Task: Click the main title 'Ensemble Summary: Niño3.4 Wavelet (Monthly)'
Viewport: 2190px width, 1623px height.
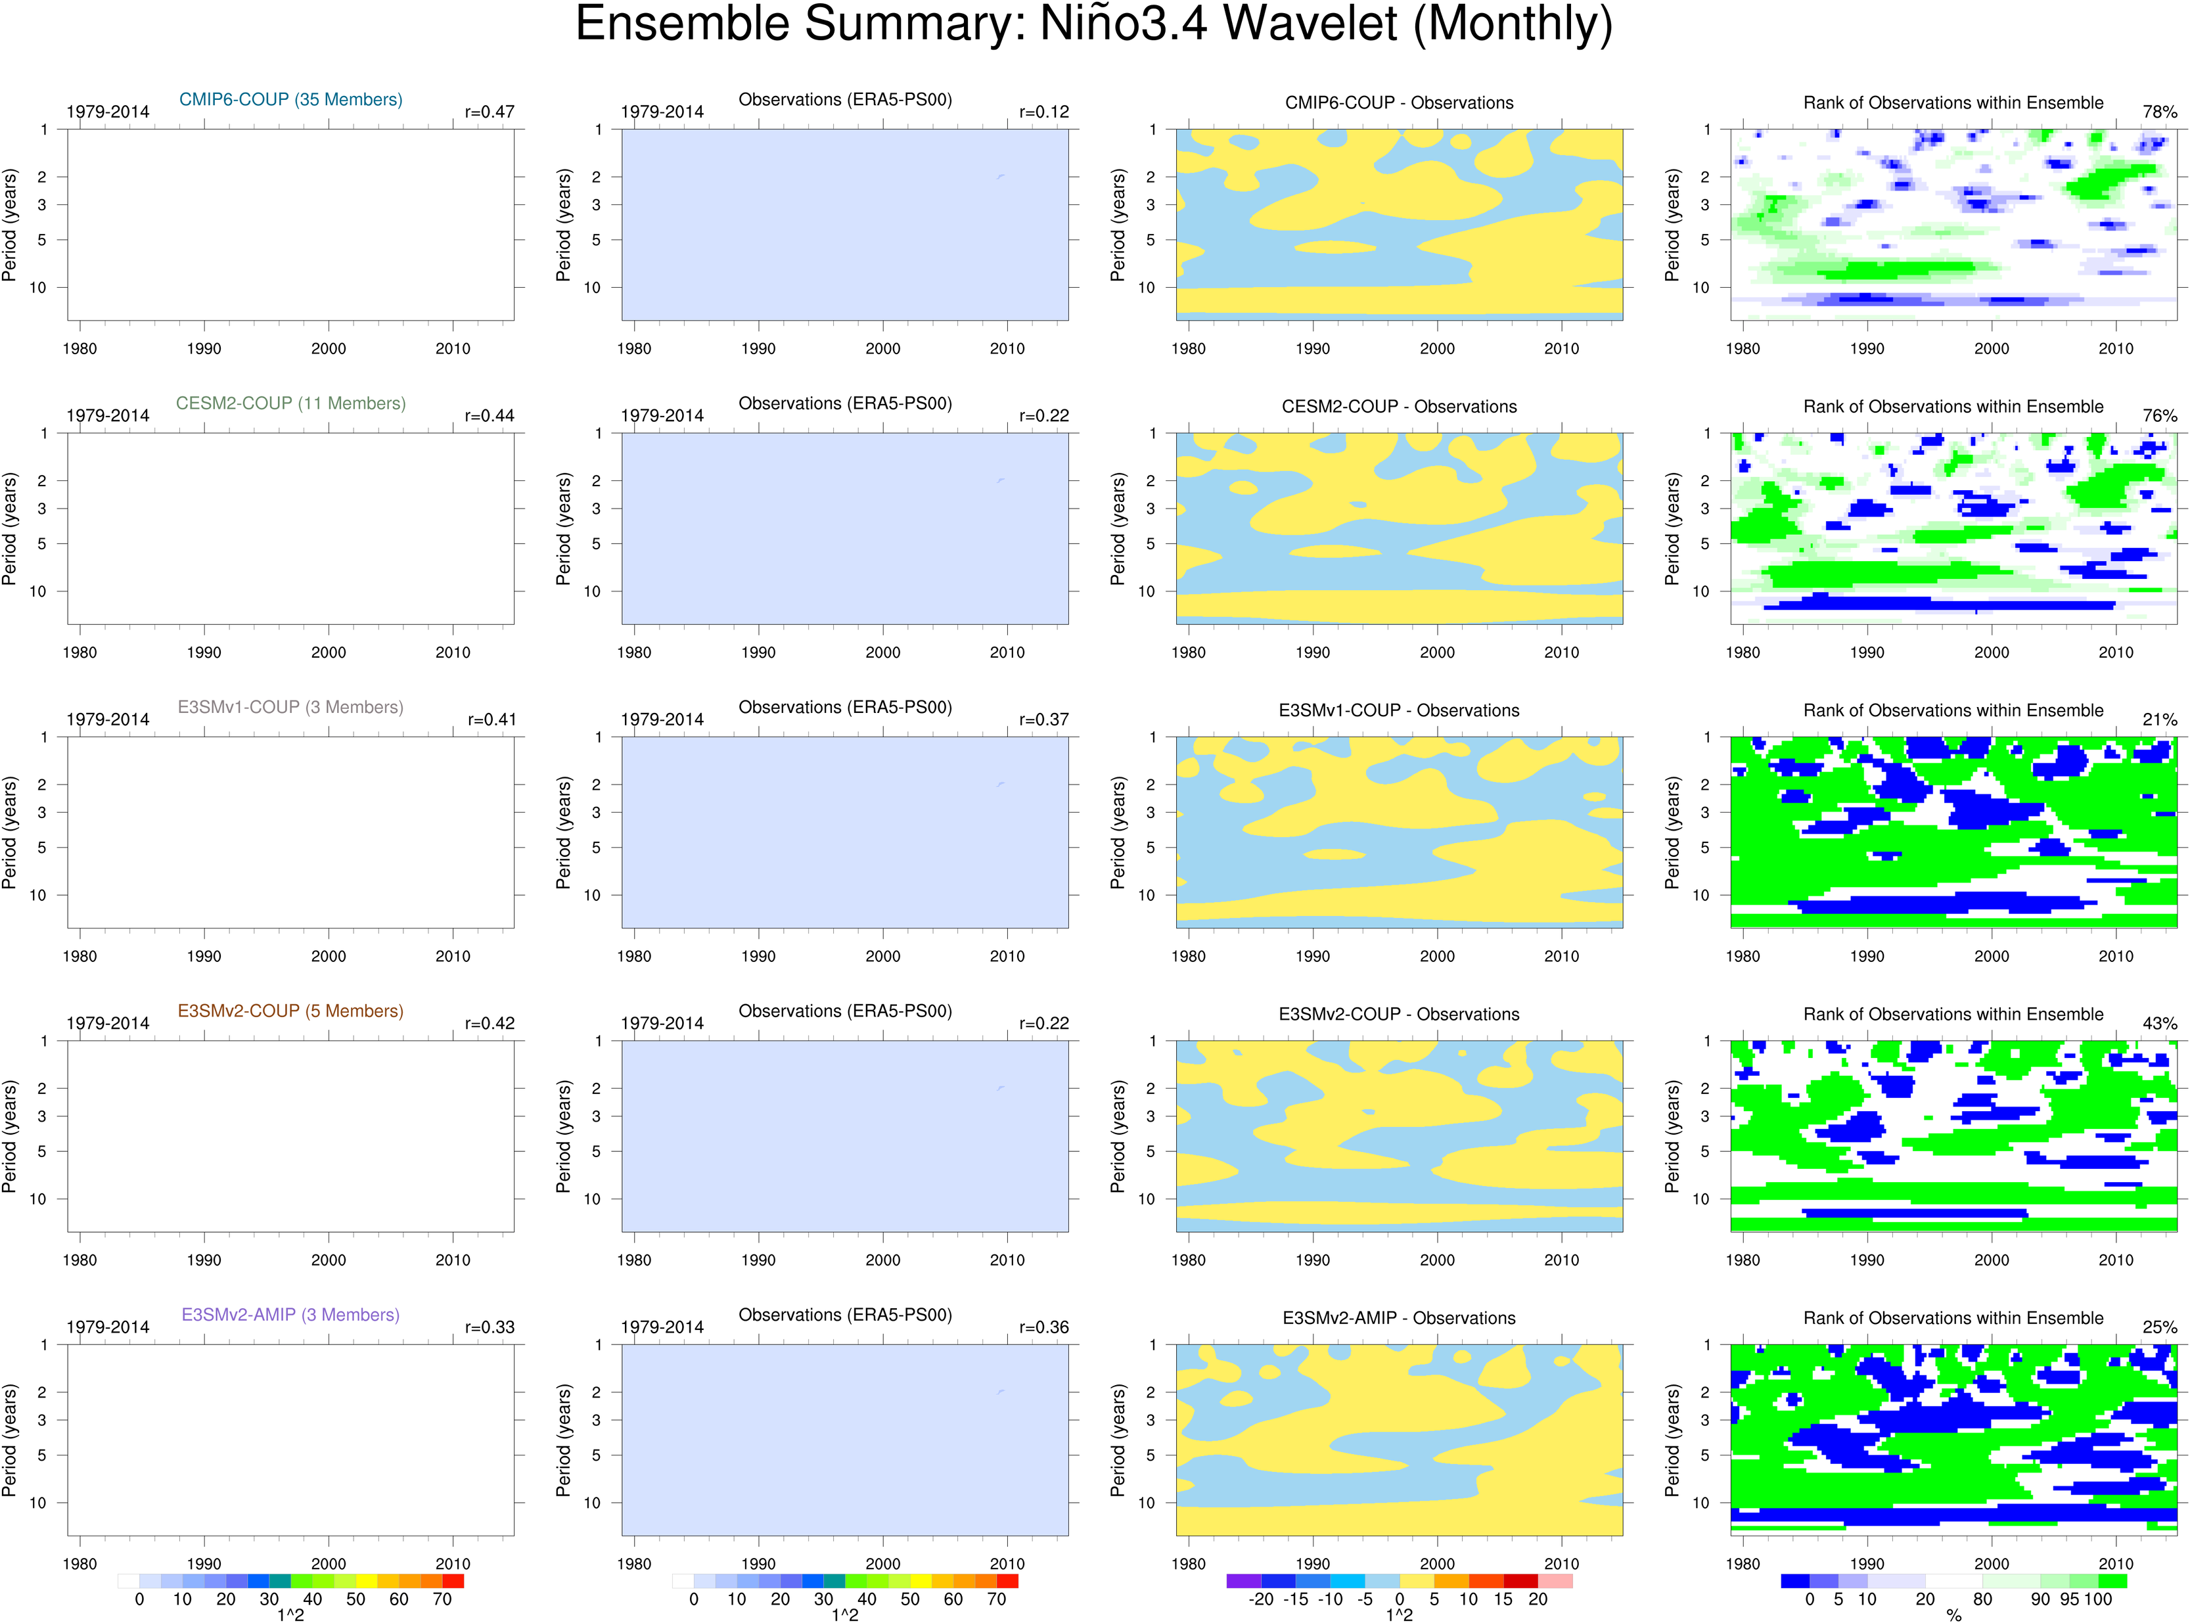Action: click(x=1093, y=24)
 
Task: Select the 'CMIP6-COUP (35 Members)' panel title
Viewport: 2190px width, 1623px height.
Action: click(x=291, y=99)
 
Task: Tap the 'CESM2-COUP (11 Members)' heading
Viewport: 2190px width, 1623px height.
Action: click(x=291, y=403)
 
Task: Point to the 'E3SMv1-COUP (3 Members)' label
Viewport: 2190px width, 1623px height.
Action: click(x=291, y=706)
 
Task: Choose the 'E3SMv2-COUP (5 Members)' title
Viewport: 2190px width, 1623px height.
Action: click(x=291, y=1010)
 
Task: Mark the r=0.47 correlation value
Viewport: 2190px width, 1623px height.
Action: click(x=490, y=112)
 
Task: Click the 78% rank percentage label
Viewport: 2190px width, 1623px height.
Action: click(x=2160, y=112)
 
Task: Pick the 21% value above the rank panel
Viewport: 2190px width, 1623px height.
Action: click(x=2160, y=719)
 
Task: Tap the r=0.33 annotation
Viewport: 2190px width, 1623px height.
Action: click(x=490, y=1326)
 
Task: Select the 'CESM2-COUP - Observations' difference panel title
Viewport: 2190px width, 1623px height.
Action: click(x=1399, y=406)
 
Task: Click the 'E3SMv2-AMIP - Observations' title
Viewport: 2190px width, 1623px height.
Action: click(x=1399, y=1317)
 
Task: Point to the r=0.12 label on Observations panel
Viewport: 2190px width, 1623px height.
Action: click(x=1043, y=112)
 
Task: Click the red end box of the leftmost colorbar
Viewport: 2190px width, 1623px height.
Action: click(x=453, y=1581)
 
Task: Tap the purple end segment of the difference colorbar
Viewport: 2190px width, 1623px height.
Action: click(x=1243, y=1581)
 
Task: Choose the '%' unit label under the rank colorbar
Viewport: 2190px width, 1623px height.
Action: click(x=1953, y=1615)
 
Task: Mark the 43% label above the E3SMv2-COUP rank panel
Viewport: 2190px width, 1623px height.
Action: click(x=2160, y=1022)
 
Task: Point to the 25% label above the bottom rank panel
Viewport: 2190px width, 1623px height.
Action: click(x=2160, y=1326)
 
